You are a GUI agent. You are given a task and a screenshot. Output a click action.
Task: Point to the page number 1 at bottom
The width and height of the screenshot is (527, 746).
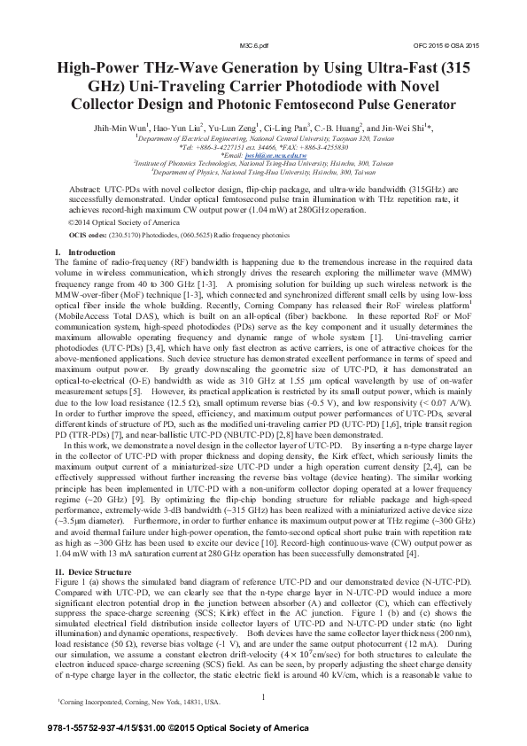[x=264, y=696]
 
